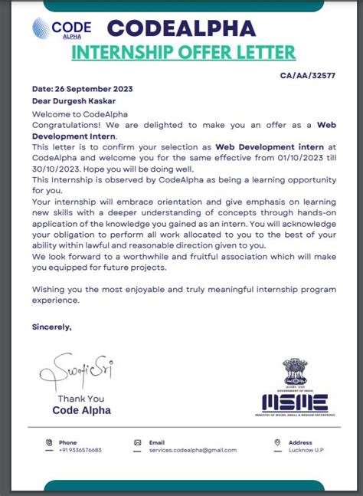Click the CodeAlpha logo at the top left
(x=61, y=29)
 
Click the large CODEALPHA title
(x=181, y=28)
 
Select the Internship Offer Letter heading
(x=183, y=52)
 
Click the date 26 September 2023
(x=82, y=89)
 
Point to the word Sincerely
(x=51, y=327)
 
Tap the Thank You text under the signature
(x=80, y=399)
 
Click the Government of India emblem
(x=295, y=372)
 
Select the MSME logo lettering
(x=295, y=402)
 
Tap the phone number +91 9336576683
(x=80, y=450)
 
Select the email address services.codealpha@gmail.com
(x=193, y=450)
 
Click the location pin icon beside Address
(x=278, y=443)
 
